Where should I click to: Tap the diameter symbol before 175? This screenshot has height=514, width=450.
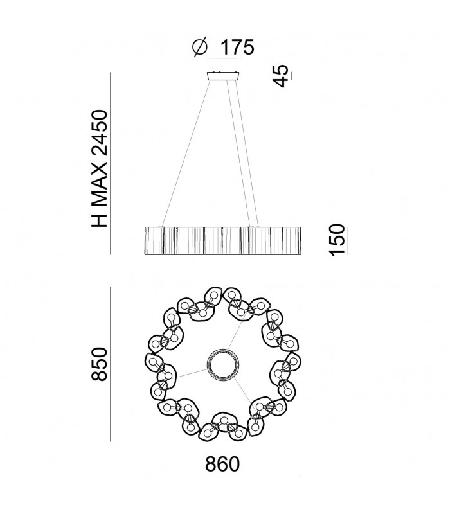tap(200, 47)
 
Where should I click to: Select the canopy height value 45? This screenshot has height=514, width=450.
tap(281, 76)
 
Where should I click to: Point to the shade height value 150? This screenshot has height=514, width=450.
tap(336, 240)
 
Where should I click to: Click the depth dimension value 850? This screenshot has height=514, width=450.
tap(100, 364)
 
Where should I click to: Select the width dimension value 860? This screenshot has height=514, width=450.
tap(222, 464)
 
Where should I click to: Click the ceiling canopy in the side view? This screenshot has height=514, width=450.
tap(223, 76)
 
